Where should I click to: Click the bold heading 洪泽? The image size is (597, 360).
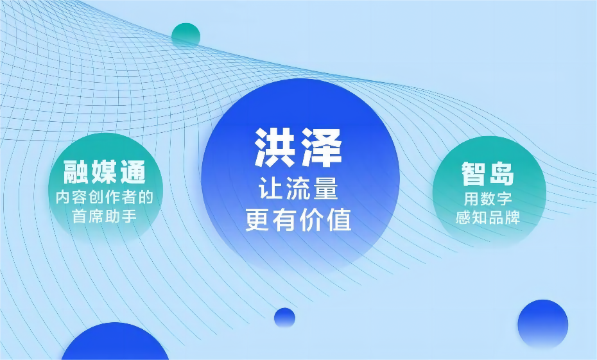pos(298,148)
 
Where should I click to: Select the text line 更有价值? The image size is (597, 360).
pos(298,219)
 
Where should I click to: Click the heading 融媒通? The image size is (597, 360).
pos(105,172)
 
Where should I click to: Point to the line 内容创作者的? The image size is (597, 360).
pos(105,197)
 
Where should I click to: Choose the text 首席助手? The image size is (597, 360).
pos(105,216)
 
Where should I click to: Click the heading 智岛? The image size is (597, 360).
pos(488,173)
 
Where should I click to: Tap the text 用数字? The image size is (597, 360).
pos(488,198)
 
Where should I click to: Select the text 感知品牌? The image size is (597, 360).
pos(488,218)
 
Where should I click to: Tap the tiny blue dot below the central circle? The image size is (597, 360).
pos(284,318)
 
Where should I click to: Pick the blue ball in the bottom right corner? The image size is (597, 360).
pos(543,325)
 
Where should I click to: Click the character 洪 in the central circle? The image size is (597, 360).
pos(275,148)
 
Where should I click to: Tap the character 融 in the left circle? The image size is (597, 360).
pos(76,172)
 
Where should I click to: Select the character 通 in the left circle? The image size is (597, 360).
pos(134,172)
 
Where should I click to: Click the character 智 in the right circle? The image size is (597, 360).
pos(474,173)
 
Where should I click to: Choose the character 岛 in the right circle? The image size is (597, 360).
pos(502,173)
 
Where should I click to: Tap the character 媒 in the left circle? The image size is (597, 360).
pos(105,172)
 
